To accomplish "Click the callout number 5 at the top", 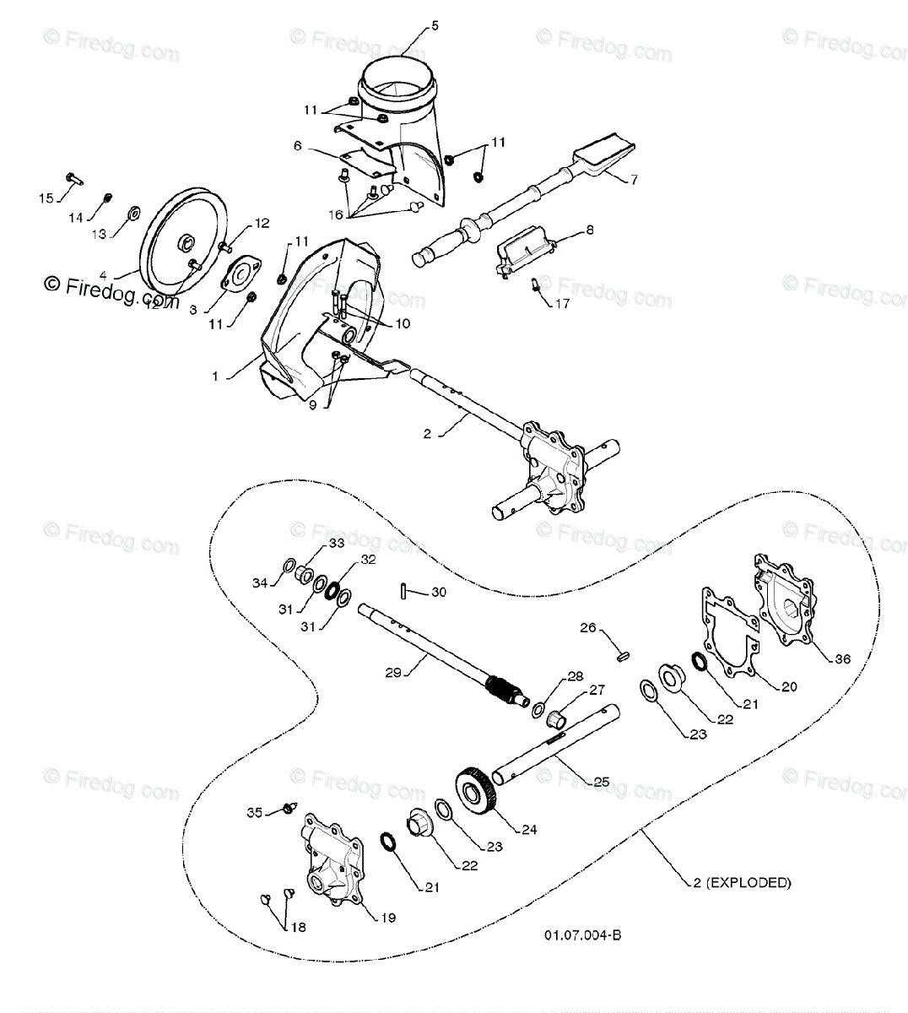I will click(x=435, y=26).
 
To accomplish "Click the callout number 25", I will click(x=600, y=782).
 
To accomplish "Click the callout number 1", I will click(x=215, y=376).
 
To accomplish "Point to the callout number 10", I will click(x=403, y=322).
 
